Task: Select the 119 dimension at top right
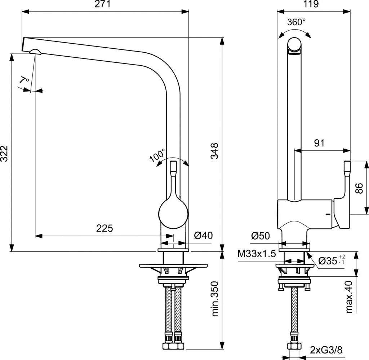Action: point(311,4)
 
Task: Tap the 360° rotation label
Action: point(296,22)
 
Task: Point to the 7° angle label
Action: point(24,80)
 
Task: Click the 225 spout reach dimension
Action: point(105,228)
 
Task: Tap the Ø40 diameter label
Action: point(203,236)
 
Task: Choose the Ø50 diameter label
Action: point(261,236)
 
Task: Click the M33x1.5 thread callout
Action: point(257,254)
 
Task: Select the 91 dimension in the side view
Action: point(319,143)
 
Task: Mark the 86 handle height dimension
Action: point(359,188)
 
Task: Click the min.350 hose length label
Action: point(216,299)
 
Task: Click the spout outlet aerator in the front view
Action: point(35,51)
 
